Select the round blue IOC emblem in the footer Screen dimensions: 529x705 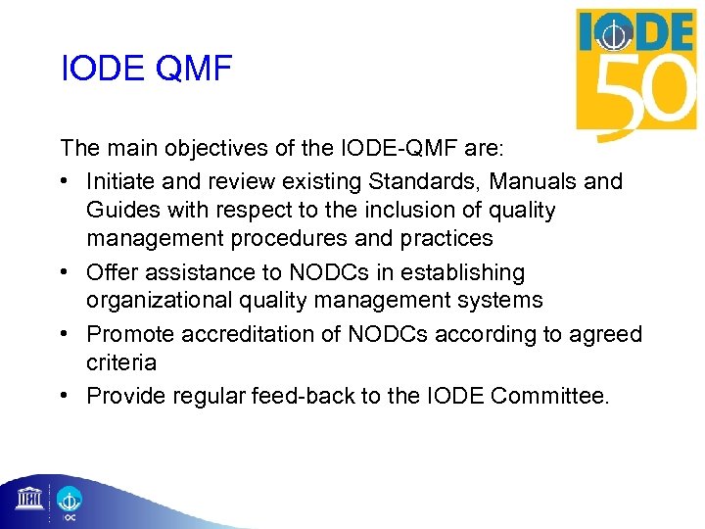tap(69, 499)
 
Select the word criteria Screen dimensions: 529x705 tap(121, 362)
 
